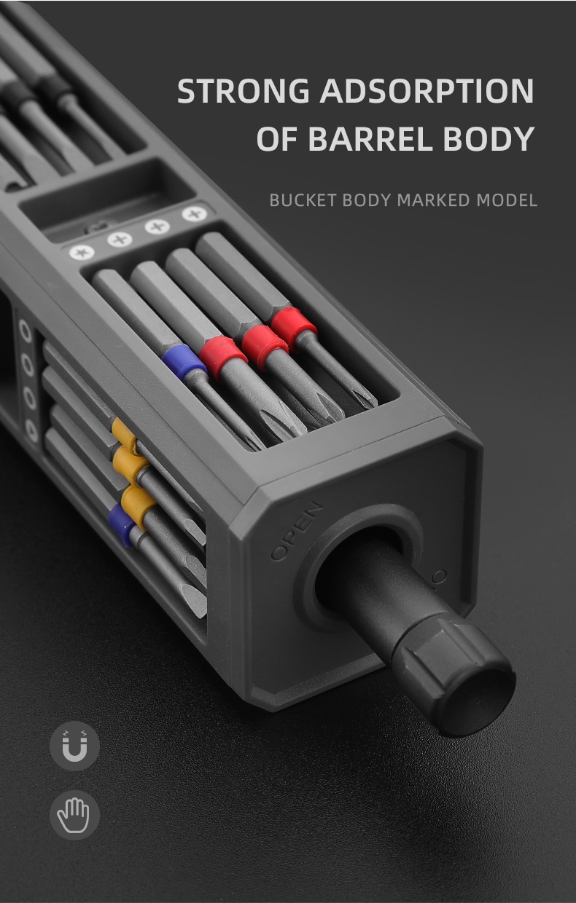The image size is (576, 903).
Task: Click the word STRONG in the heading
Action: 244,91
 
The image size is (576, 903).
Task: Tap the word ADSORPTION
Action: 427,91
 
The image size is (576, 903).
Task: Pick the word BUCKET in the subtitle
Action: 303,200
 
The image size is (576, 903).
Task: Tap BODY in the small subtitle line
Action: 367,200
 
